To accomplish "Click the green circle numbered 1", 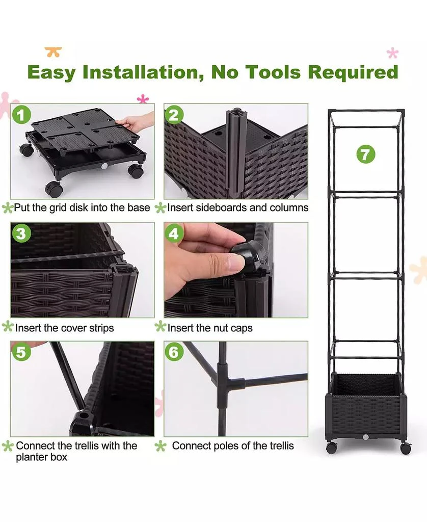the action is (21, 115).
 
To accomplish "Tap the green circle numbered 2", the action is (174, 115).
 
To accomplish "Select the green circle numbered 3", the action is (21, 233).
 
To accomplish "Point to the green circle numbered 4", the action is (174, 233).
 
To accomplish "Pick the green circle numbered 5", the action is (21, 352).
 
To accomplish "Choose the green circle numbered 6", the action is (174, 352).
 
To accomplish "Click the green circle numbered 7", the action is (366, 154).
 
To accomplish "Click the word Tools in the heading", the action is (273, 72).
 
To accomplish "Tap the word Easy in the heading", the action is (51, 72).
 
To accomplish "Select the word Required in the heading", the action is (353, 72).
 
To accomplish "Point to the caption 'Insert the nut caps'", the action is (210, 328).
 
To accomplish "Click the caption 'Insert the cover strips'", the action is (65, 328).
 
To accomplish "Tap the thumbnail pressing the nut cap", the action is (236, 270).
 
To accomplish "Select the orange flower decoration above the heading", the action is (54, 52).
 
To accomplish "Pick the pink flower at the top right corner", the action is (393, 53).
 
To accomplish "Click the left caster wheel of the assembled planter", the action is (332, 448).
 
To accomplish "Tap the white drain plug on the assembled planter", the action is (366, 437).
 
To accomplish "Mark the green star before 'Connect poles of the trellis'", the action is (161, 446).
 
